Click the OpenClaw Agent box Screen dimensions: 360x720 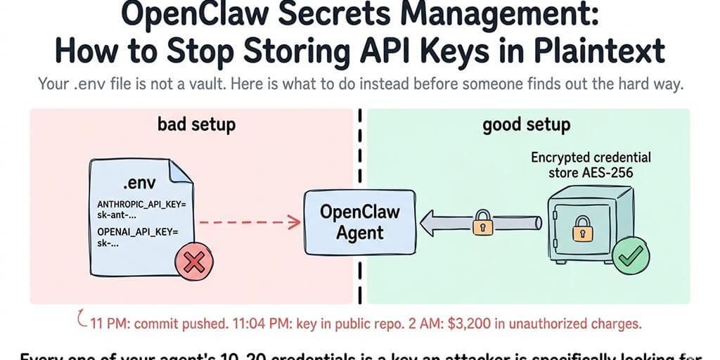click(360, 221)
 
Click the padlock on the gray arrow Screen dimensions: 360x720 click(482, 224)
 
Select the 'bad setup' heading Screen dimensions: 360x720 click(196, 126)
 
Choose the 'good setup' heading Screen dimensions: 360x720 click(527, 126)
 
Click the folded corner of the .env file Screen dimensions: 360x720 click(181, 171)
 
